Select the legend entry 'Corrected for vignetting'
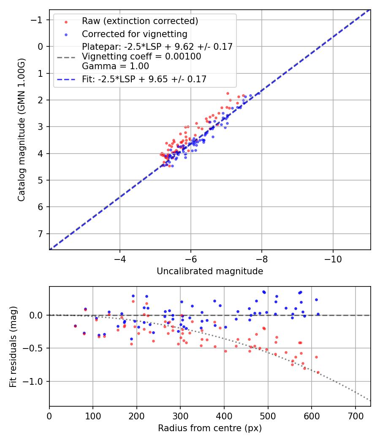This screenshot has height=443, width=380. coord(135,34)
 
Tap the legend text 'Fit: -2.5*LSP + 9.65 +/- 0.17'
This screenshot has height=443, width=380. coord(144,79)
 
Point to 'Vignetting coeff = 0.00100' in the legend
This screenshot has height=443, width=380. coord(141,57)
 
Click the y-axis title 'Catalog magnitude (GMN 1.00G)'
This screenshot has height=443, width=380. coord(22,129)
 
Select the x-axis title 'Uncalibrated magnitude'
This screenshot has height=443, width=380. coord(210,271)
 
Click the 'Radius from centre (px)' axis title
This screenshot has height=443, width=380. coord(210,428)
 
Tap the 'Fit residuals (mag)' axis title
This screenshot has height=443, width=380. coord(13,346)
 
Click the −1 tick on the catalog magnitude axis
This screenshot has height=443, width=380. coord(38,20)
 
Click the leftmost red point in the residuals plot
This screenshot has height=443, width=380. coord(75,326)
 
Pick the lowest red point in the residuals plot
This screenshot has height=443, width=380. coord(318,372)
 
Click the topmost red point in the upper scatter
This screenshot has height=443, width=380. coord(228,93)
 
